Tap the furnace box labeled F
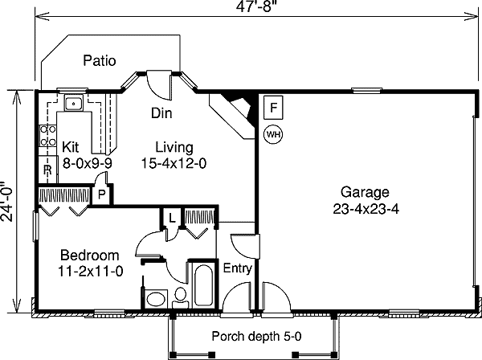point(273,108)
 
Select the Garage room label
point(365,192)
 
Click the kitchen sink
point(73,104)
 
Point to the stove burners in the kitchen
point(48,136)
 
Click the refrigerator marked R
point(47,170)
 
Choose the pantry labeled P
point(101,194)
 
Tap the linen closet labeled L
point(172,218)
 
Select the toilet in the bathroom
point(180,298)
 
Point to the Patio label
point(100,60)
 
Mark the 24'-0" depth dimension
point(6,202)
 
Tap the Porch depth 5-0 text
point(257,337)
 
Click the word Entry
point(237,268)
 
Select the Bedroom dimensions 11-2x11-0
point(90,272)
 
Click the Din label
point(161,113)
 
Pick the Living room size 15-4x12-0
point(174,163)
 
